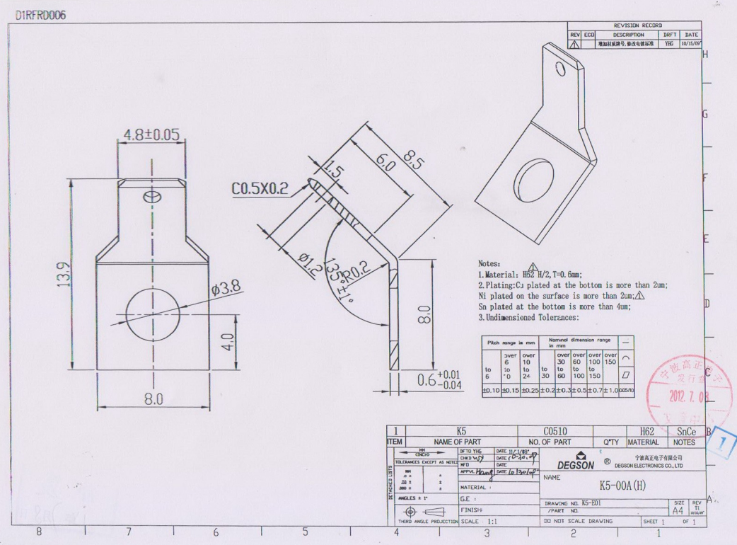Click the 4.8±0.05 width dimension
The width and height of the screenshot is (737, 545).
151,134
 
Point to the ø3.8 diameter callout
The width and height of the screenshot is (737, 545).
226,287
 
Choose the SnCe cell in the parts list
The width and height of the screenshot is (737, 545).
686,431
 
